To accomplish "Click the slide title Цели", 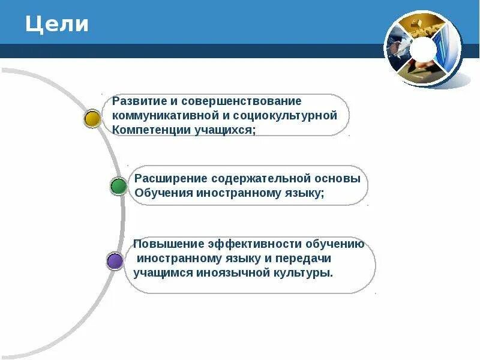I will point(57,25).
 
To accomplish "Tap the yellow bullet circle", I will point(92,118).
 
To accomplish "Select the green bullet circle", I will point(119,186).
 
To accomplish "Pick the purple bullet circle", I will point(115,260).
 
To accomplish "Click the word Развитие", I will point(139,101).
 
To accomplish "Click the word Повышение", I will point(168,244).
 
